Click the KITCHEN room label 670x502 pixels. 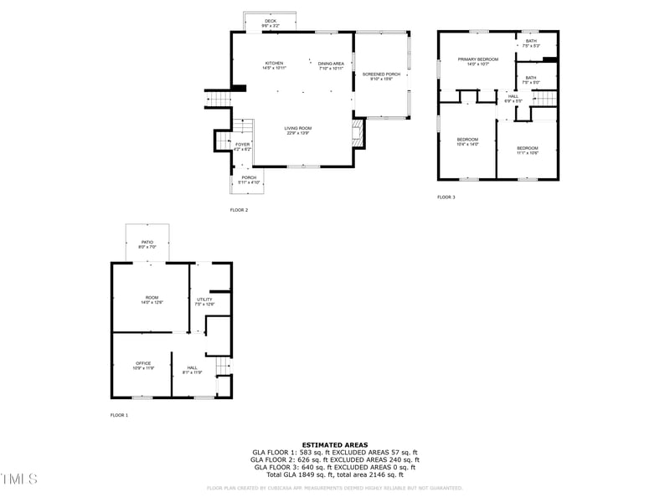coord(274,64)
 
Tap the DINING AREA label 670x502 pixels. coord(331,64)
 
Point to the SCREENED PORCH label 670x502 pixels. coord(380,74)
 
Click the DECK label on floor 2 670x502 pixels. coord(270,22)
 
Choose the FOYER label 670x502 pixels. coord(242,145)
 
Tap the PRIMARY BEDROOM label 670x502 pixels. coord(477,59)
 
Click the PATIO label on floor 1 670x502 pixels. coord(147,242)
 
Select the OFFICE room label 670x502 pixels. coord(143,363)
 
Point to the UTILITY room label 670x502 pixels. coord(204,300)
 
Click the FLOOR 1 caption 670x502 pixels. coord(120,415)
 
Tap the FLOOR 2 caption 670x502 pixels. coord(240,210)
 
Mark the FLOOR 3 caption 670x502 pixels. coord(446,197)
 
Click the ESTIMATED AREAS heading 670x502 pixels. coord(334,445)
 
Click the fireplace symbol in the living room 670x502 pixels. coord(358,132)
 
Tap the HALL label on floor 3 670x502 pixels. coord(513,97)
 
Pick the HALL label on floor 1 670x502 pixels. coord(193,368)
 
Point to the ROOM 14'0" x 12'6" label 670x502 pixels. coord(152,298)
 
